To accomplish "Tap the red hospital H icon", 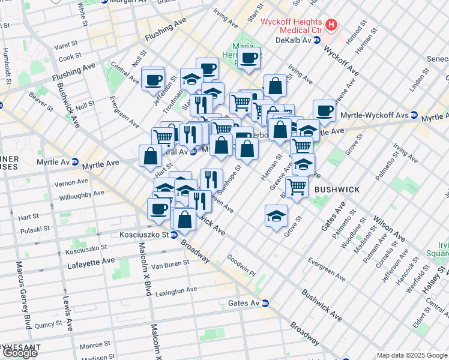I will pyautogui.click(x=332, y=26).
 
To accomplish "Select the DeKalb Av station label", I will pyautogui.click(x=293, y=40).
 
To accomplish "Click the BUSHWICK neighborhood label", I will pyautogui.click(x=337, y=190).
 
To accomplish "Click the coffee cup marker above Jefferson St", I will pyautogui.click(x=153, y=79).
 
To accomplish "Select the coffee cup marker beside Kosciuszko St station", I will pyautogui.click(x=159, y=209).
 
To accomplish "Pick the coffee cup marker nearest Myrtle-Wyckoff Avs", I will pyautogui.click(x=324, y=110).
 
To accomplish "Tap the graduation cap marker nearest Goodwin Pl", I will pyautogui.click(x=276, y=216).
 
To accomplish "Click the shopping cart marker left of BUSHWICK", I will pyautogui.click(x=297, y=187).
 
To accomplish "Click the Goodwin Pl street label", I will pyautogui.click(x=241, y=266).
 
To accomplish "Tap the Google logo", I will pyautogui.click(x=19, y=353).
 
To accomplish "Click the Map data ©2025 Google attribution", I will pyautogui.click(x=411, y=355).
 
